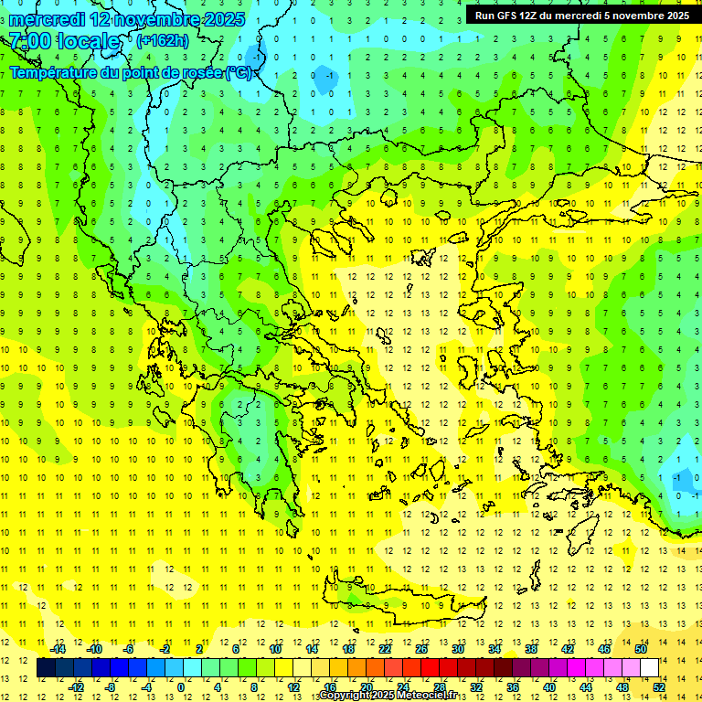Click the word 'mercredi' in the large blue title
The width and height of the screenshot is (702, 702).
tap(48, 19)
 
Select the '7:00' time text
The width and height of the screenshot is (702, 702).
tap(30, 41)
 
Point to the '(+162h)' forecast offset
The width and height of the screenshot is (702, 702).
tap(162, 40)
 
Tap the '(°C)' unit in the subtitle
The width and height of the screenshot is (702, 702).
tap(239, 72)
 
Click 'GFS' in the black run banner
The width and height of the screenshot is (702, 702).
tap(511, 16)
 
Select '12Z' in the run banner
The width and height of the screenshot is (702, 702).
tap(537, 16)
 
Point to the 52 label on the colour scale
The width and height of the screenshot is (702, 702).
tap(659, 686)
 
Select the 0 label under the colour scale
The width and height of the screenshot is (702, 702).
tap(181, 686)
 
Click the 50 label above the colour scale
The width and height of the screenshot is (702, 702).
tap(641, 649)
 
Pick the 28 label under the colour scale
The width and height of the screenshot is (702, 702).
tap(440, 686)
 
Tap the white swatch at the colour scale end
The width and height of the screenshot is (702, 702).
tap(649, 668)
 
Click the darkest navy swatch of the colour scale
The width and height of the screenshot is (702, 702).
tap(47, 668)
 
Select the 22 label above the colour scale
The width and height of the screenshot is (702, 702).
tap(385, 649)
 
